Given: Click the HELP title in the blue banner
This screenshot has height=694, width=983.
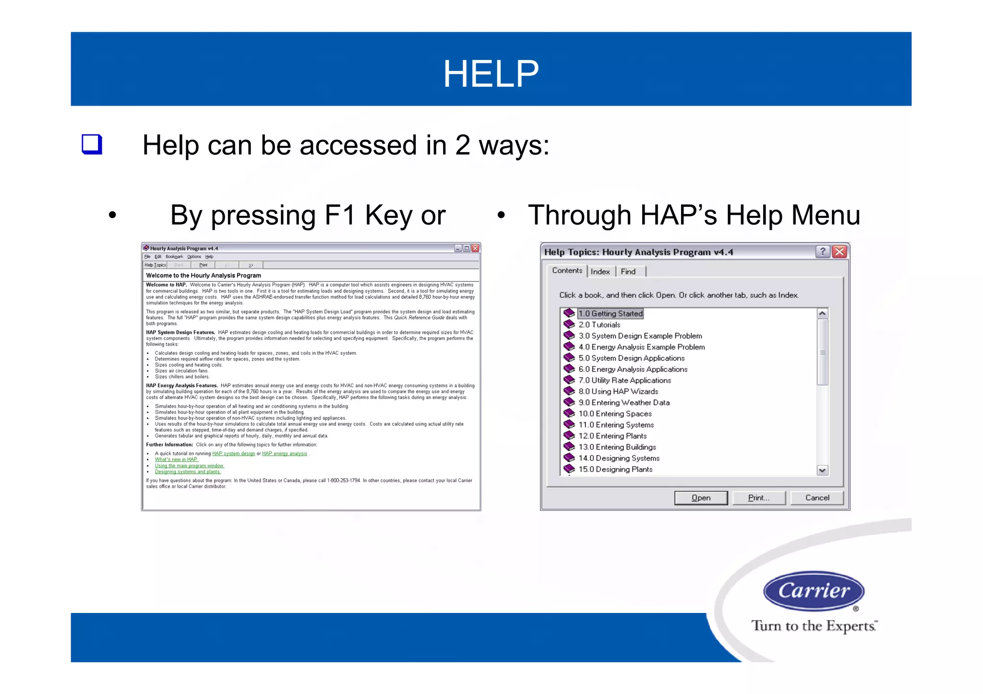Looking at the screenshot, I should point(491,73).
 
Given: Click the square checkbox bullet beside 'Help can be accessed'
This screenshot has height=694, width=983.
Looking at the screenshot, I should point(92,144).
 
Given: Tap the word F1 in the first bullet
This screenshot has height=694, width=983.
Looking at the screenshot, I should point(339,215).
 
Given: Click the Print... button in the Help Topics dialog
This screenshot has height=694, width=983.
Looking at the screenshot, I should point(758,498).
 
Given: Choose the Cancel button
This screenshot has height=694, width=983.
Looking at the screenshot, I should point(817,498).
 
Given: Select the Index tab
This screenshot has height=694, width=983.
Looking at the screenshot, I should point(600,271).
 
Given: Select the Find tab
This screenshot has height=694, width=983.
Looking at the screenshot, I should point(628,271).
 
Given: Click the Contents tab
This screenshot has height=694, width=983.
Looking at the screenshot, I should point(567,271).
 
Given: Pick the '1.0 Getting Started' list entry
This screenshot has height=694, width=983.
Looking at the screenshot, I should point(610,314).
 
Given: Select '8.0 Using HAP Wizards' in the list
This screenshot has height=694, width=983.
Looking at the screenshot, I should point(618,391).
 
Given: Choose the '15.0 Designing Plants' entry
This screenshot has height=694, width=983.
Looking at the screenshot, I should point(615,469).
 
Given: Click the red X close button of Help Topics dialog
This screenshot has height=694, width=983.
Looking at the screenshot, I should point(839,252).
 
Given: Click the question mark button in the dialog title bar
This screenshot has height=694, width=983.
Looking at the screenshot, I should point(822,252).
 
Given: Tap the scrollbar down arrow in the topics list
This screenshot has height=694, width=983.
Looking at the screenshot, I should point(822,470).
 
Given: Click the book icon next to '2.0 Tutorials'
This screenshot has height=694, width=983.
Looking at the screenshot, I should point(569,325).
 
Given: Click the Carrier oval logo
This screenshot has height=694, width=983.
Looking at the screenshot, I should point(814,591).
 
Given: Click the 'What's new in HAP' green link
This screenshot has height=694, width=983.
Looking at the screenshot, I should point(176,459).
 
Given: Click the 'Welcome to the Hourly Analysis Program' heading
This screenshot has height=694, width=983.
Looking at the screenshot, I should point(204,275).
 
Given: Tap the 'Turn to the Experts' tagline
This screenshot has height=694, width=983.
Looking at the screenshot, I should point(814,626).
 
